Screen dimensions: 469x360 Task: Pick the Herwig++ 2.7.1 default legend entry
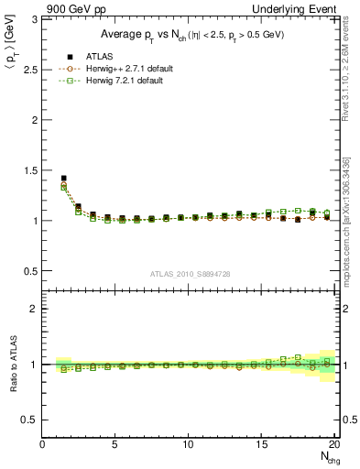tap(119, 68)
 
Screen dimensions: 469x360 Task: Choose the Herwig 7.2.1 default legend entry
tap(117, 80)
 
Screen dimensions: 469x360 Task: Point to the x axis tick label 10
tap(189, 444)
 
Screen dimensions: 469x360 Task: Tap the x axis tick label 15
tap(262, 444)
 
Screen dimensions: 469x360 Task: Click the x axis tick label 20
tap(334, 444)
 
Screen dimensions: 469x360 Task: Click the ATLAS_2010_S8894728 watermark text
tap(189, 273)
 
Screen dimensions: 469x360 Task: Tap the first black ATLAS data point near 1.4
tap(63, 179)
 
